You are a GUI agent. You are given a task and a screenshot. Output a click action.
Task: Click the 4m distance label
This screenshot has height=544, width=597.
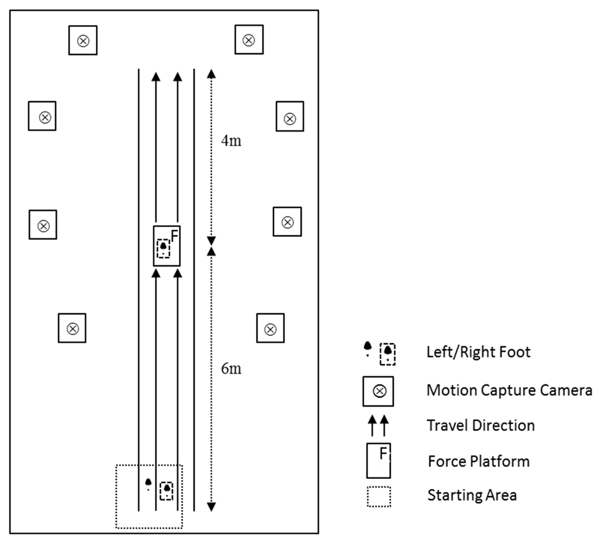231,142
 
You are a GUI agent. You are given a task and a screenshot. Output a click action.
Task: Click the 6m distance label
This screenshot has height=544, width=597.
231,369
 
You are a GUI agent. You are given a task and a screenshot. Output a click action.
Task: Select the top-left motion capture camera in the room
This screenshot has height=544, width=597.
83,41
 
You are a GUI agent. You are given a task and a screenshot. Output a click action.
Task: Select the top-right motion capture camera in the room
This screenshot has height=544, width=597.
249,40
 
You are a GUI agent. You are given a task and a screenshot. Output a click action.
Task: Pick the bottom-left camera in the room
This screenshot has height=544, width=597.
72,328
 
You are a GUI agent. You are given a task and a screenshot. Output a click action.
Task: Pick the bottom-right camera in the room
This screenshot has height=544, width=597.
270,328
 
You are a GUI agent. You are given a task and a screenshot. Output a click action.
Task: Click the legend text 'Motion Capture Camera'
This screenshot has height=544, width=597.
509,390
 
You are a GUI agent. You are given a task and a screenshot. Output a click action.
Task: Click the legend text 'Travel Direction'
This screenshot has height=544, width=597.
481,426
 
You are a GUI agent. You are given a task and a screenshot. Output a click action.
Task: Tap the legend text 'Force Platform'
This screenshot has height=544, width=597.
479,462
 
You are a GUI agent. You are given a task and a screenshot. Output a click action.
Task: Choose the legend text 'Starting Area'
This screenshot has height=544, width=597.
472,495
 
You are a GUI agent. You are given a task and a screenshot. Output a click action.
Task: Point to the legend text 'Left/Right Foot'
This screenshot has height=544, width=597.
478,352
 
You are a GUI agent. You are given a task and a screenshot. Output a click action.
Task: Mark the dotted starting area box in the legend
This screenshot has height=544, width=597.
378,496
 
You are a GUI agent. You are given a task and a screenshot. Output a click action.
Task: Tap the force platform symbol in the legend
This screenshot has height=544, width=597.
378,461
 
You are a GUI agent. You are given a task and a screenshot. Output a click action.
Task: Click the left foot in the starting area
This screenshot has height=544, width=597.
148,482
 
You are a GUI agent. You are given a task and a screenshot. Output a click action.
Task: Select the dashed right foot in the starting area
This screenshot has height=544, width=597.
167,490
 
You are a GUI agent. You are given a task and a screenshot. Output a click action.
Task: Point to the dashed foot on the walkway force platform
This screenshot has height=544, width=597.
163,247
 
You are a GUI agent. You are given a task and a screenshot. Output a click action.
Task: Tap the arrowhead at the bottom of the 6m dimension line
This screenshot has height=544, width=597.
211,508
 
